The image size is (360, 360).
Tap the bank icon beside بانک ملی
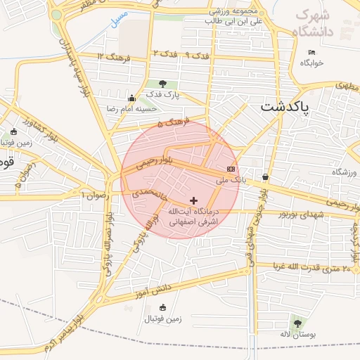tap(231, 169)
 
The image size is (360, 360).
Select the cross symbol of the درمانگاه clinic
tap(194, 201)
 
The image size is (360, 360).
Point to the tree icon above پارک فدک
tap(163, 85)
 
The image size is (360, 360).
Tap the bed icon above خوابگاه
tap(311, 52)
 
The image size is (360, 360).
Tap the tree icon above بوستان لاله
tap(297, 324)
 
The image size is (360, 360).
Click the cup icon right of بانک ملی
tap(265, 176)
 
